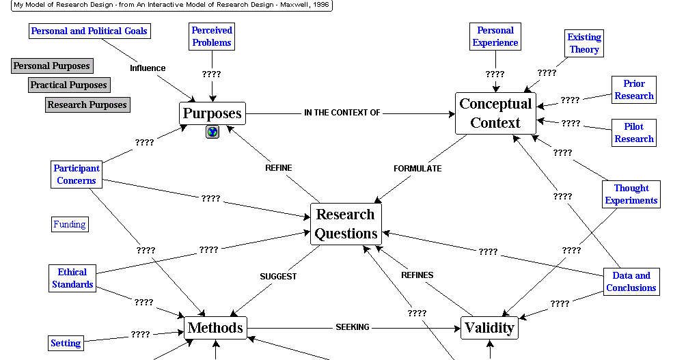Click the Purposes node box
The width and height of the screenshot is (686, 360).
[x=212, y=113]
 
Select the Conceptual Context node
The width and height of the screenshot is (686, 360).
[x=495, y=113]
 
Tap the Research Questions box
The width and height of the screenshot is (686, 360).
[x=346, y=223]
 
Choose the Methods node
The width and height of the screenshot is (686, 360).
[x=215, y=328]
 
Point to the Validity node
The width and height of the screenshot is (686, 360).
[x=489, y=328]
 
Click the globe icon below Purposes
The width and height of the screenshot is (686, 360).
[x=212, y=132]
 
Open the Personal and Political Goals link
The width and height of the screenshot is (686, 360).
[x=90, y=31]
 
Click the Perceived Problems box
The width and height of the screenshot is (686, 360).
[x=212, y=36]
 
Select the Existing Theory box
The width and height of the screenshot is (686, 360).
[x=584, y=43]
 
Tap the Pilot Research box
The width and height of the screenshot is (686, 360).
[x=634, y=133]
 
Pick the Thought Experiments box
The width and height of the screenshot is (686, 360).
[x=631, y=194]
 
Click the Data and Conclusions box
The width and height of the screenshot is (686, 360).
[x=631, y=281]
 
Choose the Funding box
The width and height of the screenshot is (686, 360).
[x=70, y=224]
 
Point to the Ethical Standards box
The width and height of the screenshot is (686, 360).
[x=72, y=278]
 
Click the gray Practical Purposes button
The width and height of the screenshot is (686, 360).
[x=69, y=85]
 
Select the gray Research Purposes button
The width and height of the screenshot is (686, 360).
[x=87, y=105]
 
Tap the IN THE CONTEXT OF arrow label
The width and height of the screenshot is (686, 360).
[x=342, y=113]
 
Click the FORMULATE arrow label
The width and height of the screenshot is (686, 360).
[x=417, y=168]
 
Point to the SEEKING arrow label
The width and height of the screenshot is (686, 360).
[x=353, y=327]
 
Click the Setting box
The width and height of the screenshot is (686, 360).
[x=66, y=343]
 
